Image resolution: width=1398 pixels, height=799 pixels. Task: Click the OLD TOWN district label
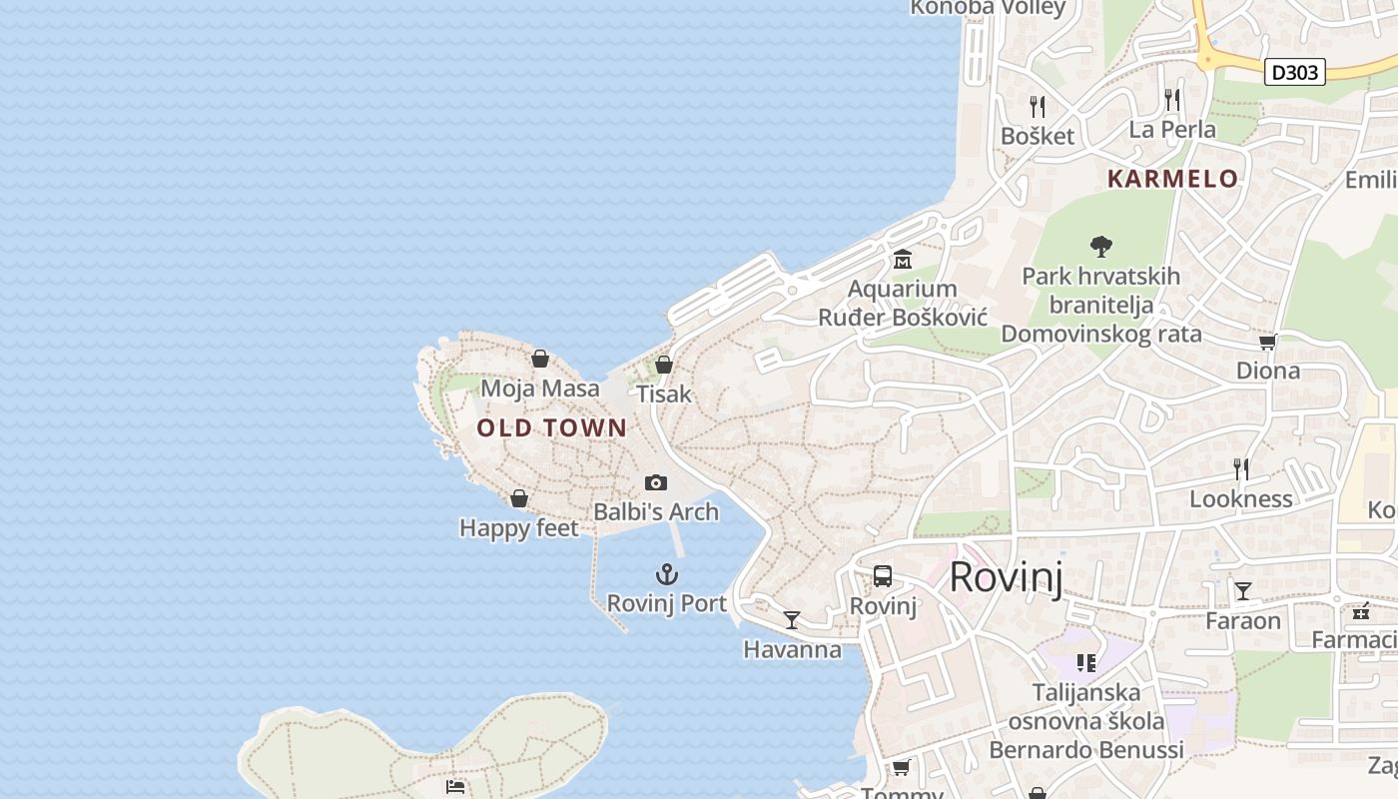click(551, 428)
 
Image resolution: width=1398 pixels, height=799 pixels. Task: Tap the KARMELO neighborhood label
click(1172, 179)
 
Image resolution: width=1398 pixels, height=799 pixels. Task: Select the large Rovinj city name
click(1006, 577)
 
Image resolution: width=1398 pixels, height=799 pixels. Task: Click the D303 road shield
click(1294, 72)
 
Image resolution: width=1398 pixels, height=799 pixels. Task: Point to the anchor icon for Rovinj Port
click(666, 574)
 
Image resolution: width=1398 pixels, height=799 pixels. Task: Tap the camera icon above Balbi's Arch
click(656, 483)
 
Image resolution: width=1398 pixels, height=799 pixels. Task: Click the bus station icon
click(883, 576)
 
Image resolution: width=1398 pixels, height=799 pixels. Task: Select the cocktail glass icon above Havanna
click(792, 620)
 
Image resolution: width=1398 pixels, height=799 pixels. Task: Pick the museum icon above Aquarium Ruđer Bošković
click(903, 260)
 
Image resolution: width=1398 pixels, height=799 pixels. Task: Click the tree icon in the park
click(1101, 246)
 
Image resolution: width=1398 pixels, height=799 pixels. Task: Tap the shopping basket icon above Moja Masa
click(540, 359)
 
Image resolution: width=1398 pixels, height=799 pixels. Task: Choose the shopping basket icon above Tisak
click(664, 365)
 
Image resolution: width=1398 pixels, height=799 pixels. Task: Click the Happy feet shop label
click(518, 527)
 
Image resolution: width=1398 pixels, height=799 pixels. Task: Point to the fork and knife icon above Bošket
click(1038, 106)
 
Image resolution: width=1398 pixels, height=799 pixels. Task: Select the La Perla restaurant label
click(1172, 130)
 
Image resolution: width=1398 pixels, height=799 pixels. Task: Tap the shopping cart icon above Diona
click(1268, 343)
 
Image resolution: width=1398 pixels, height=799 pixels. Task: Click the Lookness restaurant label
click(1241, 498)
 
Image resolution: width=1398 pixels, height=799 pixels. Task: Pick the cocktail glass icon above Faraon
click(1243, 591)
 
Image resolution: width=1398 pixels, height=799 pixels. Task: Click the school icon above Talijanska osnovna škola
click(1086, 662)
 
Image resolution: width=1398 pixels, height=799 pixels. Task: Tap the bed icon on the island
click(455, 787)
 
